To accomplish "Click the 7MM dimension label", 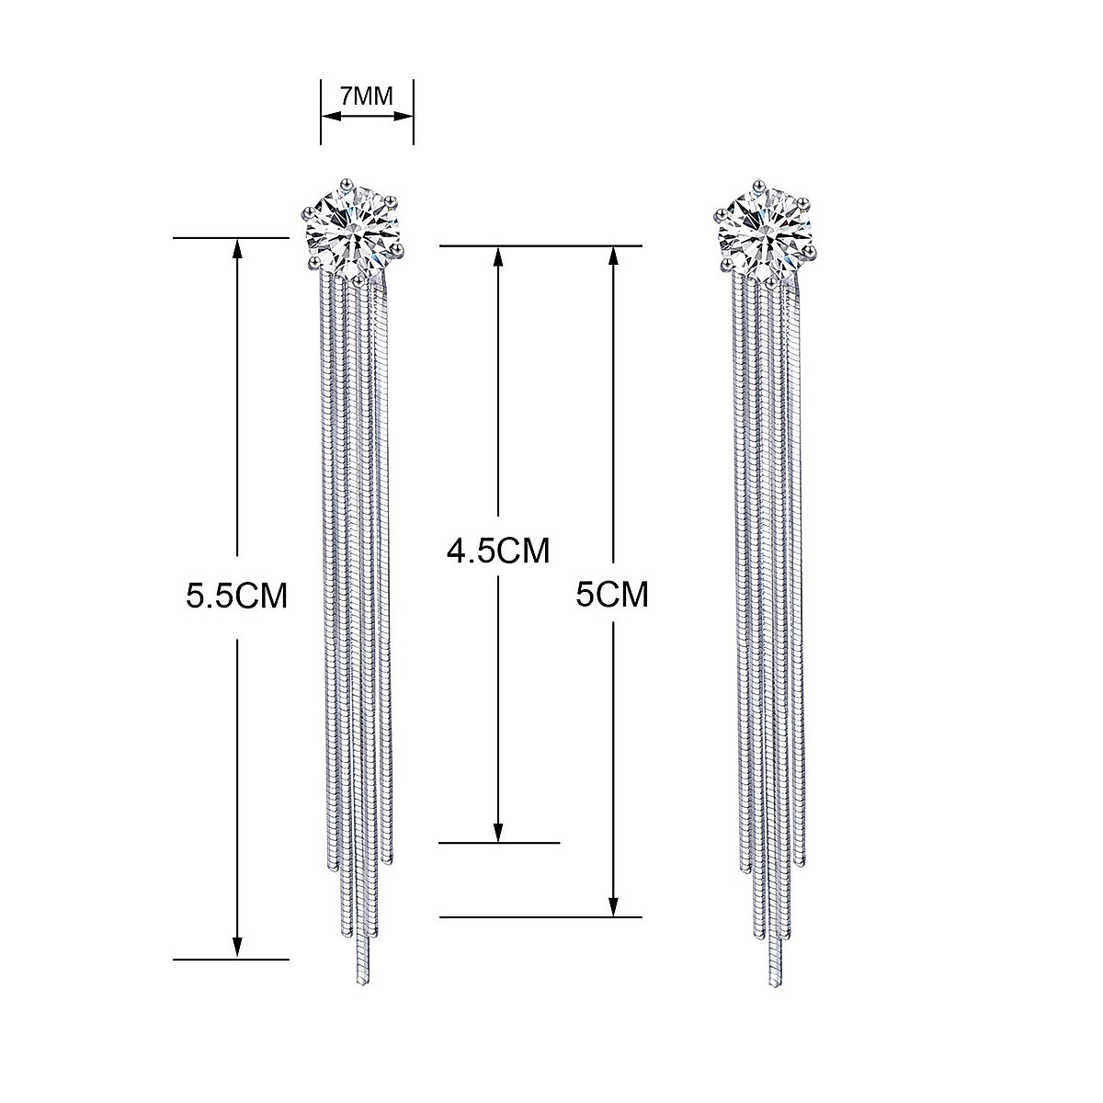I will point(367,95).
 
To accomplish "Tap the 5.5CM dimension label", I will point(237,597).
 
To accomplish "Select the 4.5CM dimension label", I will point(497,551).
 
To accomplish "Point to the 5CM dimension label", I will point(612,595).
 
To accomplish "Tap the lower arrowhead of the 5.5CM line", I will point(237,950).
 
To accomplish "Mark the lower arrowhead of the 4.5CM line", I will point(497,833).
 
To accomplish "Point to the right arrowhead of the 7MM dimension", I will point(405,116).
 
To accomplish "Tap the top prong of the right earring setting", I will point(758,181).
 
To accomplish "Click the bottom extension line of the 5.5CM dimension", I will point(231,960).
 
